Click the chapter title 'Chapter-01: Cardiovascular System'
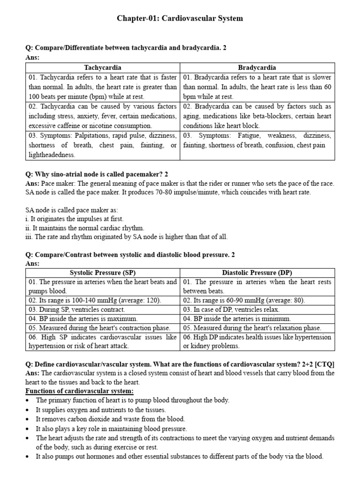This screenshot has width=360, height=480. (180, 19)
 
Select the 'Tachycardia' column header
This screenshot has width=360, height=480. (103, 68)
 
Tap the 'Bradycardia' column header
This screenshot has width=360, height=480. (257, 68)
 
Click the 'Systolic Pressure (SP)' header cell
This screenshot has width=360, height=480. (103, 273)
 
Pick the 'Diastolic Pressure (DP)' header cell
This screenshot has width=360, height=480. (257, 273)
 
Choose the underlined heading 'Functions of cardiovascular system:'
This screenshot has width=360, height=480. (79, 391)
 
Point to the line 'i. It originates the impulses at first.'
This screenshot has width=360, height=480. (75, 219)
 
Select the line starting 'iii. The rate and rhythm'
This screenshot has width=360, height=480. (126, 237)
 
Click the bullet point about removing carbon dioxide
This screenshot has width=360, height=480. (110, 419)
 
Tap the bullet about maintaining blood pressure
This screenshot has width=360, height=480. (111, 428)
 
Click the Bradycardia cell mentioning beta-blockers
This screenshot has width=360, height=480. (257, 116)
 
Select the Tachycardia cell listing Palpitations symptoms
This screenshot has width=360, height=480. (103, 145)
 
